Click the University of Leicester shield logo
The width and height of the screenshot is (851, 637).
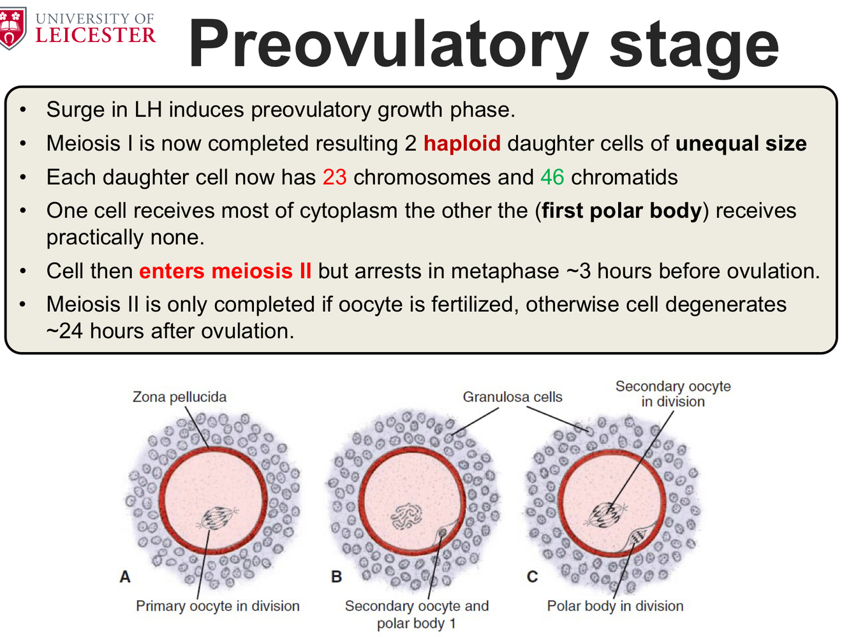coord(13,28)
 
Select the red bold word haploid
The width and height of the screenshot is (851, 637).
coord(462,143)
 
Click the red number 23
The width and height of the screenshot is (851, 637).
coord(334,177)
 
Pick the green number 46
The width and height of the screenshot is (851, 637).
coord(552,177)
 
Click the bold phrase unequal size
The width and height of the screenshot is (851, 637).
coord(741,143)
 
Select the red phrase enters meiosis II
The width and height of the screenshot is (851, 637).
coord(225,271)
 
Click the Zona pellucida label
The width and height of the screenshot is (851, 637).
coord(179,397)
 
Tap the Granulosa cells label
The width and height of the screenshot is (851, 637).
coord(512,397)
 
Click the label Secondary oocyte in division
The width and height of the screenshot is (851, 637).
coord(673,393)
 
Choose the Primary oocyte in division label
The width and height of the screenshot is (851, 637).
coord(218,606)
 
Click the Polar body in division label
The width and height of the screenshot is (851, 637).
coord(615,606)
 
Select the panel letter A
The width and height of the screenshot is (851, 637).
coord(125,577)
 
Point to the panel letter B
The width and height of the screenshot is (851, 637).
coord(336,577)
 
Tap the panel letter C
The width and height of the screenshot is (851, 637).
coord(532,577)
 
